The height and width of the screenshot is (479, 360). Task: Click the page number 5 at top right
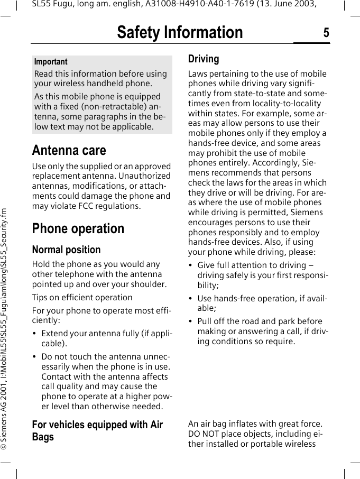click(326, 33)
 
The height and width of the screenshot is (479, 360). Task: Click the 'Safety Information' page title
click(180, 33)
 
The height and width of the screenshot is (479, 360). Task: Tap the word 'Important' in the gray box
click(51, 62)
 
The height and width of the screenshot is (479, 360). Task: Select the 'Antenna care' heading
click(69, 150)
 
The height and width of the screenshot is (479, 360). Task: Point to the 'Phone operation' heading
click(78, 228)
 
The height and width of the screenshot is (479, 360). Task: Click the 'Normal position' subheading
click(66, 250)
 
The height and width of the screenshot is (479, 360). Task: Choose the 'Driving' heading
click(204, 59)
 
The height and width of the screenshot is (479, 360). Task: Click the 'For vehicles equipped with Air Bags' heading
click(97, 430)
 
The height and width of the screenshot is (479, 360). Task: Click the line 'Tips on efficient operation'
click(82, 297)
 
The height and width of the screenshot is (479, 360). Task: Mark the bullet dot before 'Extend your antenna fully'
click(34, 334)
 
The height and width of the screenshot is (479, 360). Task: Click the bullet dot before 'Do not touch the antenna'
click(34, 357)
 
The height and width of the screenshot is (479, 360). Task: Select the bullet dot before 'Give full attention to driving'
click(191, 265)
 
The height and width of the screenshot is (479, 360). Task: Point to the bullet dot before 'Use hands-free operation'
click(191, 299)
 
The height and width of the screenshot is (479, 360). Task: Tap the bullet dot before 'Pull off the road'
click(191, 321)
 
